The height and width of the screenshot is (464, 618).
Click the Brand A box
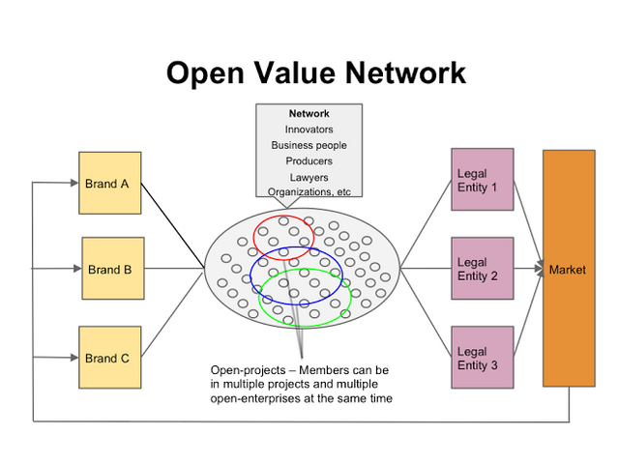109,183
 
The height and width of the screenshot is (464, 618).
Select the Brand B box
113,270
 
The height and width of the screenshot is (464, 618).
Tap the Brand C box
109,358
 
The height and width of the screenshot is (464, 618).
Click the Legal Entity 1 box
482,180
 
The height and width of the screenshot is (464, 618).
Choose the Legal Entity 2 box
482,269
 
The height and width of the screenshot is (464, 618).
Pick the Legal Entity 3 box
482,358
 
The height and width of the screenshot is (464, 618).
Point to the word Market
568,270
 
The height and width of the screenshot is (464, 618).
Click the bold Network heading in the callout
309,114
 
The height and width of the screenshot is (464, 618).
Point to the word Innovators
309,130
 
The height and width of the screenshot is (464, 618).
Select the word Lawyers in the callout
309,177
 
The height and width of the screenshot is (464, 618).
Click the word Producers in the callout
309,161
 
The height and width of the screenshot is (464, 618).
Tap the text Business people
309,145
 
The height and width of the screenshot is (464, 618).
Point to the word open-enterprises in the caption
255,397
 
